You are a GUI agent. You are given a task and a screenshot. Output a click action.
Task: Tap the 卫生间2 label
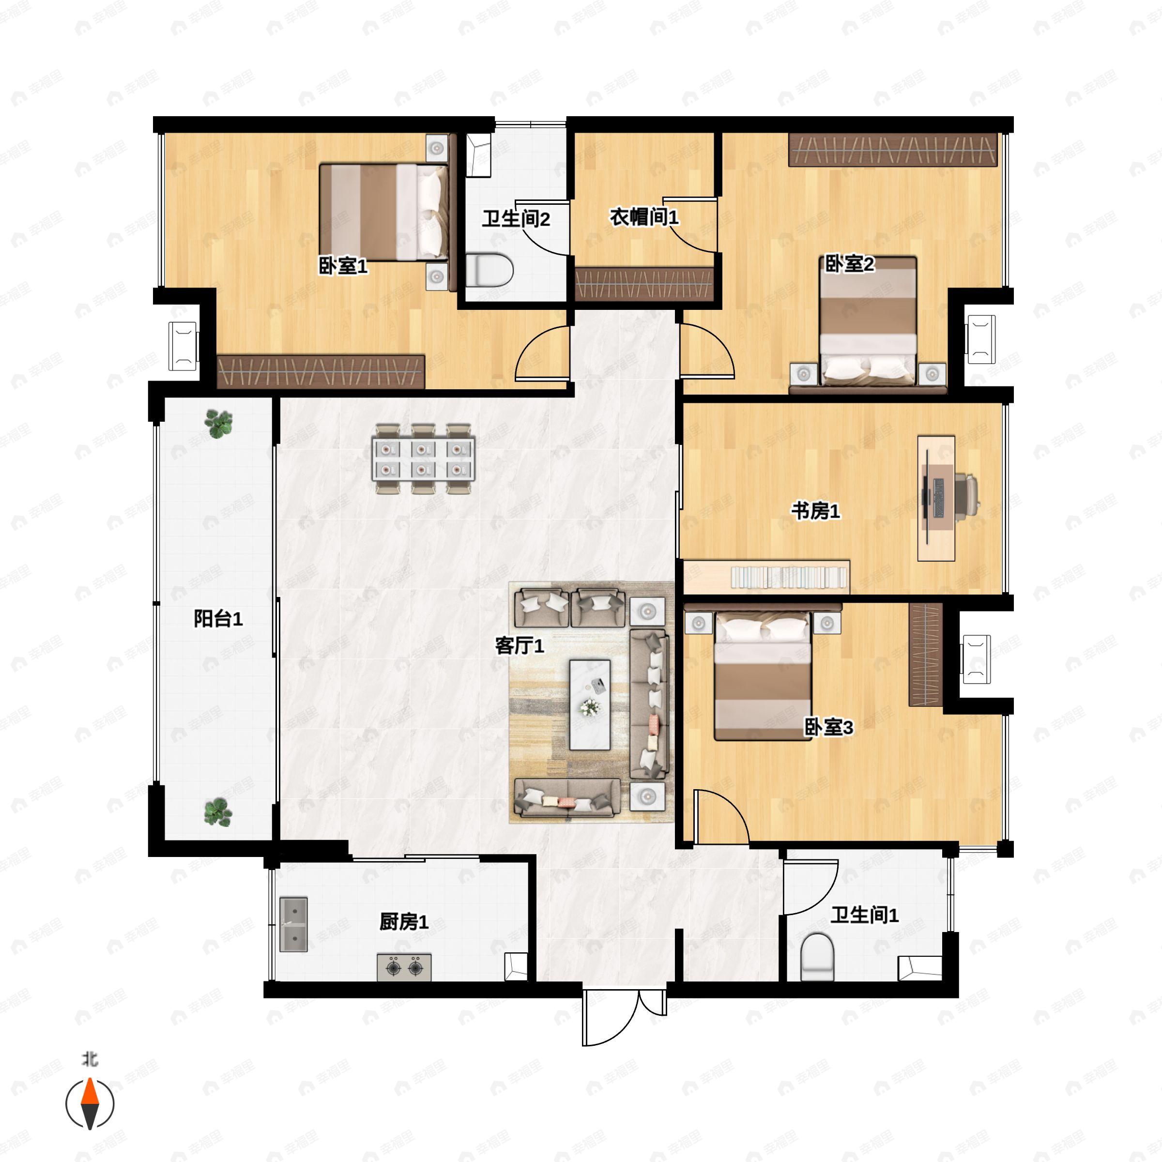[516, 218]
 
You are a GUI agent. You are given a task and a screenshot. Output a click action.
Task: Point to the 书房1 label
[815, 511]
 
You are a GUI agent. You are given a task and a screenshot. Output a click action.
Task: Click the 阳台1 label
[218, 618]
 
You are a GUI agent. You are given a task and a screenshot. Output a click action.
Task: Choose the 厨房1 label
[404, 921]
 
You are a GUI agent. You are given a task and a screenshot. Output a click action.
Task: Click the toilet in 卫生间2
[489, 270]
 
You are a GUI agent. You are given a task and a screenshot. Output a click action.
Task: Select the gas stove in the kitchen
[404, 968]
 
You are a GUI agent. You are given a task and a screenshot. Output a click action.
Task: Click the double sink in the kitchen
[293, 924]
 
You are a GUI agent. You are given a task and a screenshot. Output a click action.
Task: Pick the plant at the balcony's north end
[218, 424]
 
